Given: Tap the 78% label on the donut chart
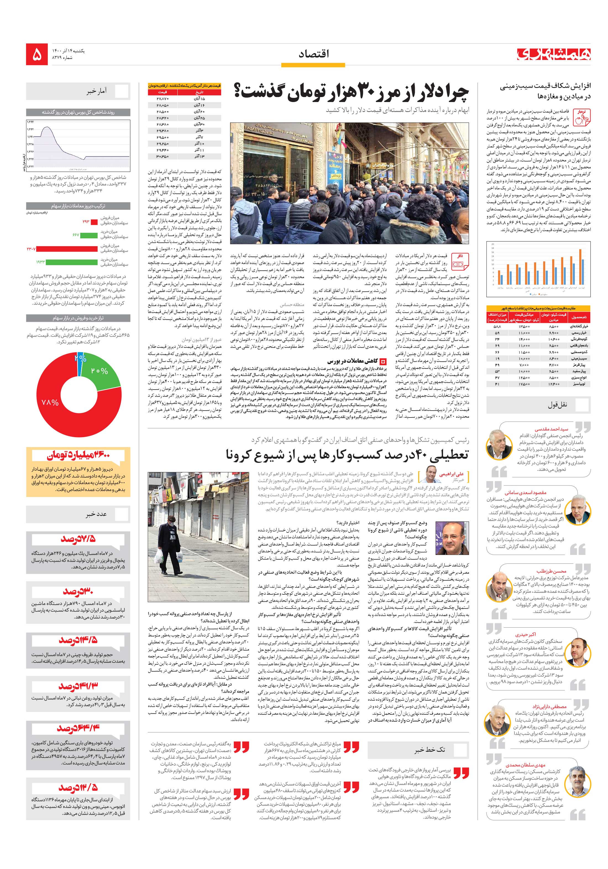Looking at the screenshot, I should [x=50, y=402].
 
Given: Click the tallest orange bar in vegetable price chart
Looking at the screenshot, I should [x=580, y=267].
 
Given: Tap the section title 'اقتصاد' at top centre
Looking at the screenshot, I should [x=314, y=54].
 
